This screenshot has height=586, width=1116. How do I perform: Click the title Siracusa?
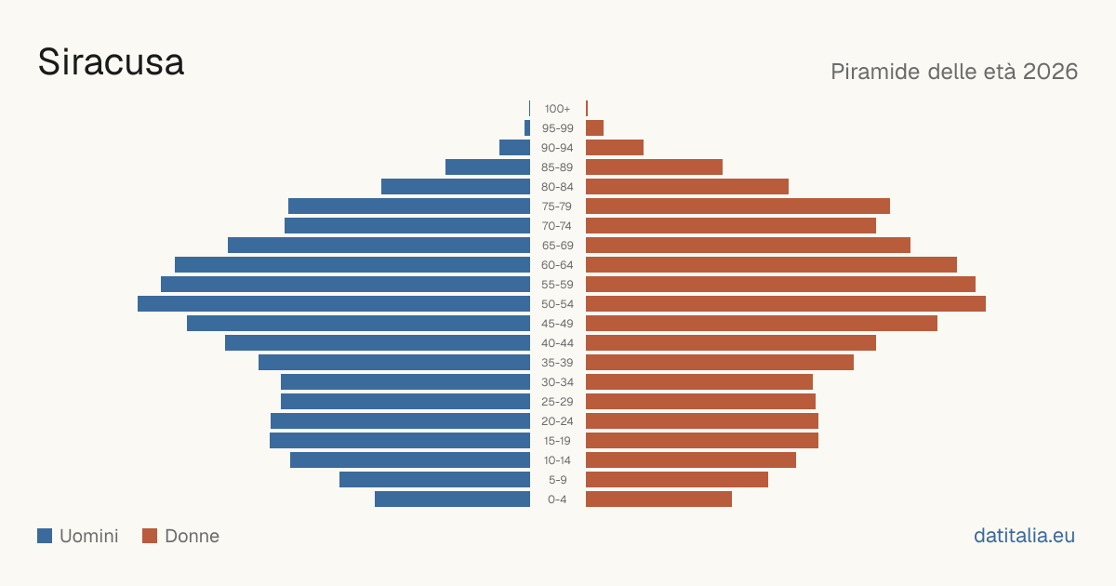111,62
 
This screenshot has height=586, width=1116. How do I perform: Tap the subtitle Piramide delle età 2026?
954,72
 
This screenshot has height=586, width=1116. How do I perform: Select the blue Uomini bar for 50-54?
334,304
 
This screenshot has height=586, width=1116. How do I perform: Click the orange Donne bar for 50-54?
786,304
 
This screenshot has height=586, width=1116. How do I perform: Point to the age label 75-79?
557,206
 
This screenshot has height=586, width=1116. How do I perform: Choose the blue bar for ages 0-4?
452,499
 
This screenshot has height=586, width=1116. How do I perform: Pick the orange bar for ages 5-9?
677,480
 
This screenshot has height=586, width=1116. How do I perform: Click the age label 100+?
557,109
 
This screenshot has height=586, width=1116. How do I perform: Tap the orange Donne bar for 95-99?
595,128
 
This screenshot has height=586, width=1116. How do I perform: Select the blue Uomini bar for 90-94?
514,148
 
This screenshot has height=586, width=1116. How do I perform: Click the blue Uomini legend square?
45,536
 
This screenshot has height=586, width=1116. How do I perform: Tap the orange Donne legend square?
150,536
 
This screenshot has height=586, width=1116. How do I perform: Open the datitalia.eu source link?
1024,536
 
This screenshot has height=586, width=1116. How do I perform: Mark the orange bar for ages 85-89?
654,166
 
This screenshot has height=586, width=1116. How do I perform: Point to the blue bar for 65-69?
379,246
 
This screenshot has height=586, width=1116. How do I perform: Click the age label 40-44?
557,343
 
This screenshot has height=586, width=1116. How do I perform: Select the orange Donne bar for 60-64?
771,264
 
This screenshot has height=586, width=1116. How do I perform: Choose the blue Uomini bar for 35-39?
394,362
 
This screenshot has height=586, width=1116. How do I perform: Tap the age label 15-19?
557,441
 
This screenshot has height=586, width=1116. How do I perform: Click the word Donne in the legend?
192,536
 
